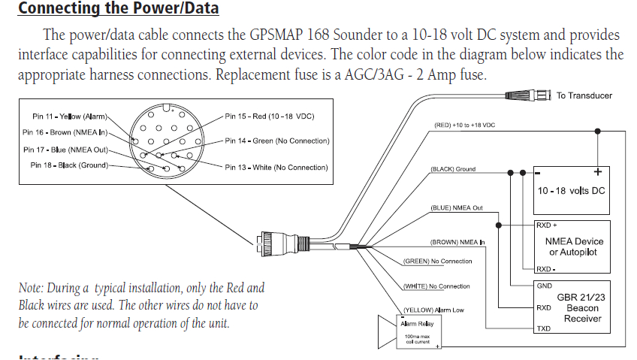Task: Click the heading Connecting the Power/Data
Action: click(x=118, y=9)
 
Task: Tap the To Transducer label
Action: click(x=584, y=95)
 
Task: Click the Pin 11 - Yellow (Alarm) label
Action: click(x=70, y=116)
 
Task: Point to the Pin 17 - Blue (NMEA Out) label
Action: click(x=66, y=149)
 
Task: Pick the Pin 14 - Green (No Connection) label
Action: click(x=277, y=141)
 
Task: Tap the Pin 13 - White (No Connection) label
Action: click(x=276, y=167)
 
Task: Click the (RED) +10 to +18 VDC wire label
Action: click(x=464, y=124)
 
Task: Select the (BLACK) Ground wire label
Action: click(x=453, y=169)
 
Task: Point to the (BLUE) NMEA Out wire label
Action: click(x=456, y=207)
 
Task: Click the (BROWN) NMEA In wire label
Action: click(x=457, y=242)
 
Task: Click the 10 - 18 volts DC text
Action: click(x=571, y=191)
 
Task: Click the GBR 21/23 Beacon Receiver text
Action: click(x=583, y=307)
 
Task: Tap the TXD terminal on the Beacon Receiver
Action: click(x=544, y=329)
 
